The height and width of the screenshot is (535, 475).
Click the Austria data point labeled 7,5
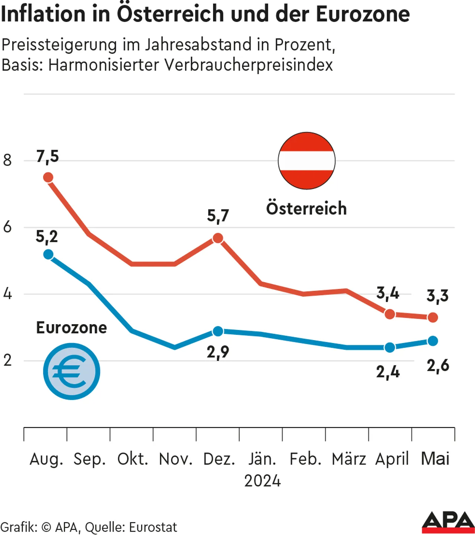click(48, 177)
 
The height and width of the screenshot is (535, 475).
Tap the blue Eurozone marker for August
click(48, 254)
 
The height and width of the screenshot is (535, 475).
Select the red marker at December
click(218, 238)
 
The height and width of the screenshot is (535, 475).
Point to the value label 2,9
click(218, 352)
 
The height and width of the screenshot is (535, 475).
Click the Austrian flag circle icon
click(307, 161)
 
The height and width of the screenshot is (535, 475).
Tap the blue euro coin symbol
click(72, 371)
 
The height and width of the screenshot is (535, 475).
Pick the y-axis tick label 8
click(7, 160)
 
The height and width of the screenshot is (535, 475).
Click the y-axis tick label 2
click(7, 361)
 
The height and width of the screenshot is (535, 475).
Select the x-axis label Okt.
click(132, 459)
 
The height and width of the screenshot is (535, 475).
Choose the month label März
click(348, 459)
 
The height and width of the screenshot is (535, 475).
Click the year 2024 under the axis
click(262, 481)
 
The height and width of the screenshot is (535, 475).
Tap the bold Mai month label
click(435, 459)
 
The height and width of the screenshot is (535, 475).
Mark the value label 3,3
click(438, 296)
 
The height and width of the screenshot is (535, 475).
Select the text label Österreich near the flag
click(306, 208)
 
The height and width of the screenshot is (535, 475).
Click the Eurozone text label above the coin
click(71, 328)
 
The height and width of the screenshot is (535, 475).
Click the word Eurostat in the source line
click(153, 527)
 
